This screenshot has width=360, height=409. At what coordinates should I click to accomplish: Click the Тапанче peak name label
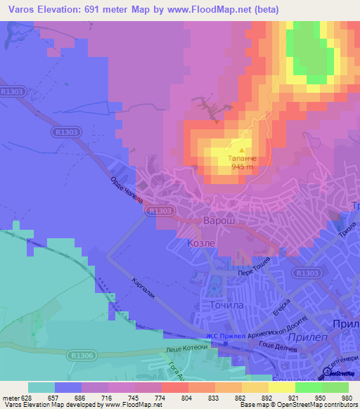[241, 159]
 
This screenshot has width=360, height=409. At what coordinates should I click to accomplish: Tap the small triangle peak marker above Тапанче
[241, 150]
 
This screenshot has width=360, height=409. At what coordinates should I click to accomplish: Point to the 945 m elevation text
[241, 168]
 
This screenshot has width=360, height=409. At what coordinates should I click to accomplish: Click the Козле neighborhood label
[200, 242]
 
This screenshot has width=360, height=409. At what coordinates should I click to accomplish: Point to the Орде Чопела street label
[127, 189]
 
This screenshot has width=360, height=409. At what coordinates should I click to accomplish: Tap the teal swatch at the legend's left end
[41, 387]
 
